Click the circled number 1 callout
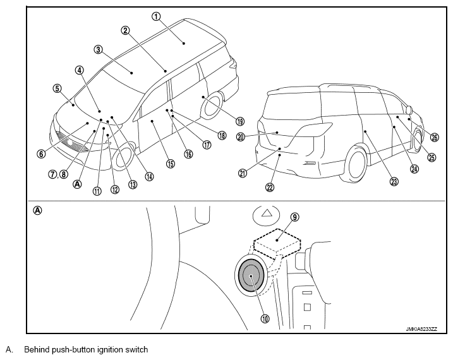point(156,16)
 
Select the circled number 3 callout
point(98,50)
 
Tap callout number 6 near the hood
point(41,154)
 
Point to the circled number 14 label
point(149,176)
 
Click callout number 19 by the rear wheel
point(240,121)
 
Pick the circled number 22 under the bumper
point(270,188)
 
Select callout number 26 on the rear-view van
point(435,138)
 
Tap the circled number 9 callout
point(294,217)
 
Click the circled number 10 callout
point(265,318)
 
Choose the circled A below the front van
point(78,184)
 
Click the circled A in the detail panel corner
point(37,210)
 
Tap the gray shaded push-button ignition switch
point(251,275)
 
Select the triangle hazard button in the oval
point(267,213)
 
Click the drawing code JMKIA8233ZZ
point(421,329)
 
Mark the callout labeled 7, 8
point(58,174)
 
